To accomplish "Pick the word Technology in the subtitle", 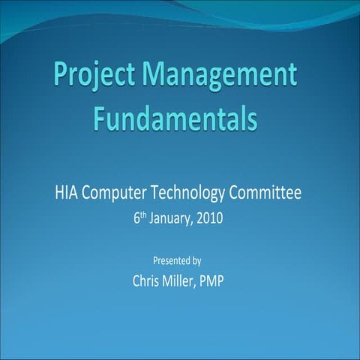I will tap(187, 193).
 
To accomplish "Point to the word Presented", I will tap(169, 261).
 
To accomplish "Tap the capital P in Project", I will tap(61, 76).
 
